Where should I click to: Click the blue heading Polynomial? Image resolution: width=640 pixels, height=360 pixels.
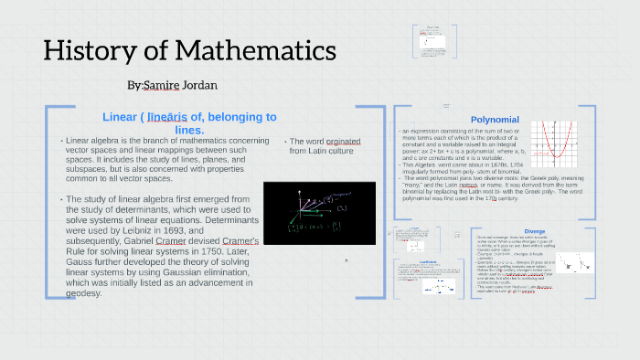coord(495,120)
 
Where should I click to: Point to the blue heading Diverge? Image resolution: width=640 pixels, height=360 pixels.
coord(535,231)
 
